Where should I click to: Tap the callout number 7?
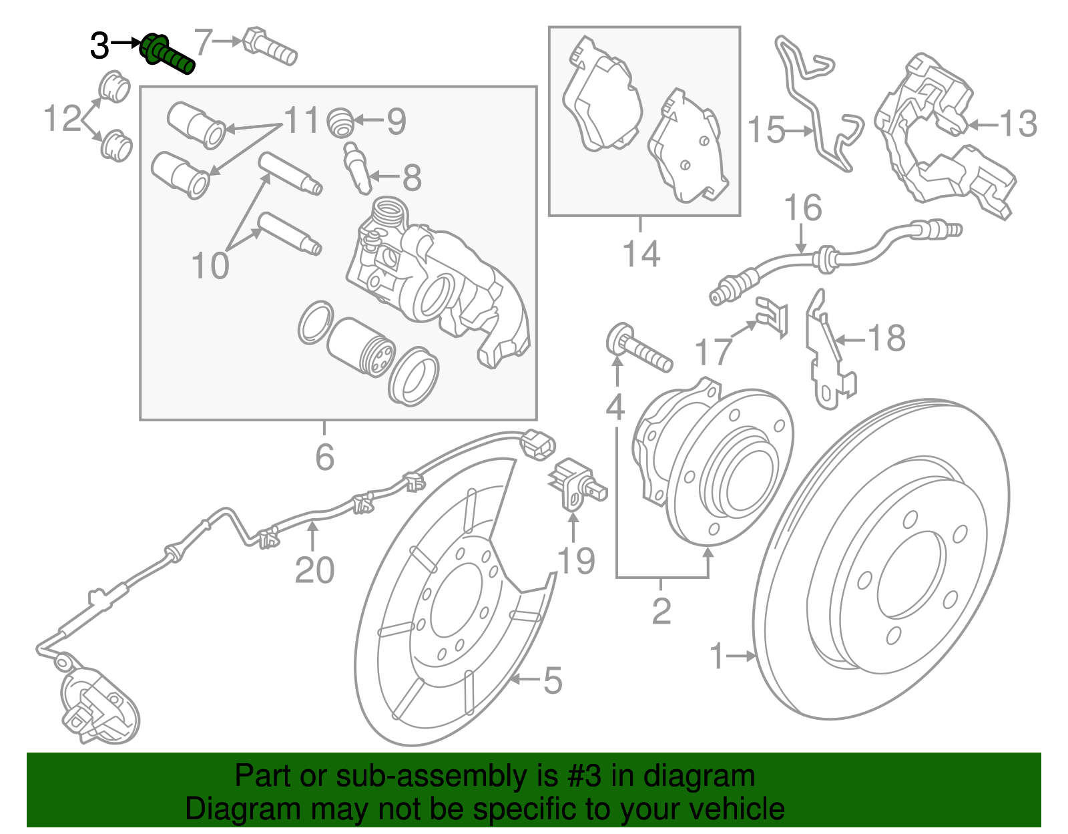tap(203, 41)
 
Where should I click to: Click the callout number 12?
tap(62, 119)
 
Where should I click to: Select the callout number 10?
tap(210, 266)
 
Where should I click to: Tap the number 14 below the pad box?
tap(641, 254)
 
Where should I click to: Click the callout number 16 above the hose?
tap(802, 208)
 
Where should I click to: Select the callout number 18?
tap(886, 338)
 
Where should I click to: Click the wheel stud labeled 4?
tap(637, 347)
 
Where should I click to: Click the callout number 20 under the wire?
tap(314, 570)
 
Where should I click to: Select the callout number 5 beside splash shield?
tap(552, 680)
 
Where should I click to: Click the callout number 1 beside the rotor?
tap(716, 656)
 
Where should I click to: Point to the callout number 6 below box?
tap(324, 457)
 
